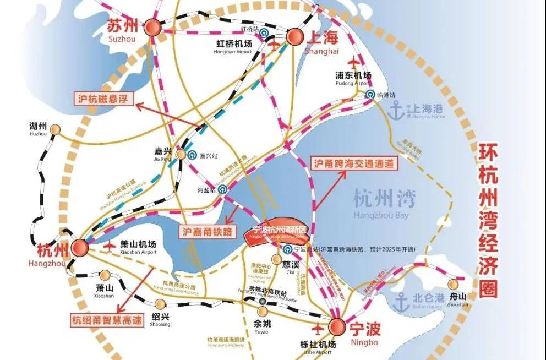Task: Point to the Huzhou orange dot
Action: coord(54,129)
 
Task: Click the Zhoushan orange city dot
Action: coord(454,284)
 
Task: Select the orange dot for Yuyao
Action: coord(261,312)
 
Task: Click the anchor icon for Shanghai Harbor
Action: coord(396,109)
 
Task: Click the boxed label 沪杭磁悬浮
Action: coord(105,99)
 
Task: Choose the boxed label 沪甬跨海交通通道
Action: coord(354,163)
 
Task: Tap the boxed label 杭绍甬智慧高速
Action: coord(103,319)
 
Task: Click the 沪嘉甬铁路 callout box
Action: coord(205,231)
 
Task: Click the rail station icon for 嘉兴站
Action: coord(191,155)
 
